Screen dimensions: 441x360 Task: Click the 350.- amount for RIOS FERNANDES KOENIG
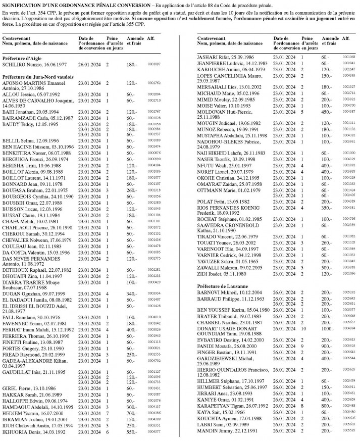327,207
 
